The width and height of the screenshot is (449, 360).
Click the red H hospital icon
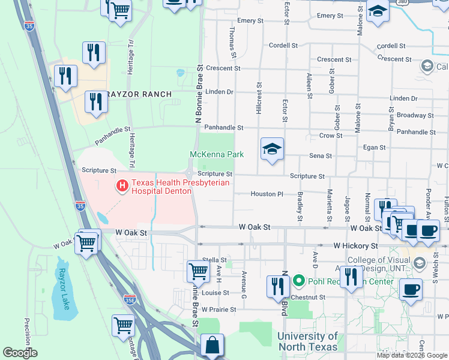[122, 187]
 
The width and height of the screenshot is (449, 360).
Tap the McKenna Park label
[217, 154]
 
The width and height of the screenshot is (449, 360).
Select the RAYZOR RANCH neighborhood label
[139, 94]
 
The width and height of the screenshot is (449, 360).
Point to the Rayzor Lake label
[64, 288]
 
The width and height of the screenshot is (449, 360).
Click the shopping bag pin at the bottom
[212, 346]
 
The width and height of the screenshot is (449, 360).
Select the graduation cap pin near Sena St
[272, 149]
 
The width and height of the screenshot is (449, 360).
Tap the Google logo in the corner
[20, 352]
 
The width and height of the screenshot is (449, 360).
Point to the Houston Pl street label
[267, 194]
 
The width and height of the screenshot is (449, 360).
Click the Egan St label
[374, 147]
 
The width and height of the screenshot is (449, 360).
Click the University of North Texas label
[307, 341]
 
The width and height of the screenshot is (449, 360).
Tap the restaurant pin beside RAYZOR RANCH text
[95, 102]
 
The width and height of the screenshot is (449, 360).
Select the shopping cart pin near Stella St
[197, 271]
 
